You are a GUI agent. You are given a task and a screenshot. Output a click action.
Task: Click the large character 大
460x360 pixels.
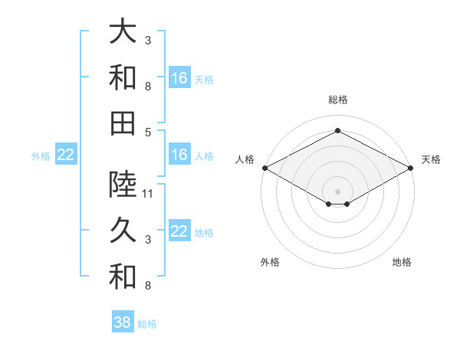click(123, 32)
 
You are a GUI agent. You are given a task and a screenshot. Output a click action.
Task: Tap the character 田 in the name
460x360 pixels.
click(123, 123)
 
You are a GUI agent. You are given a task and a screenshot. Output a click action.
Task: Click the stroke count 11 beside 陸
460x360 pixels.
click(149, 194)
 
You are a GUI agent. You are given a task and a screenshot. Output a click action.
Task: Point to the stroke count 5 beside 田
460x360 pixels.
click(149, 132)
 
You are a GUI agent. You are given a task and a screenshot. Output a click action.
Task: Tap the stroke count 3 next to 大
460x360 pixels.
click(149, 41)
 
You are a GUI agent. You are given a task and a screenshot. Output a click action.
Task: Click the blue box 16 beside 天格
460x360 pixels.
click(179, 78)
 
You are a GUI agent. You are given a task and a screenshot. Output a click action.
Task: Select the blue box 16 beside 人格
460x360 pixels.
click(179, 155)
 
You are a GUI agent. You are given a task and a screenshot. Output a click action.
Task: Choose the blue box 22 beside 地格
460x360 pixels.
click(179, 232)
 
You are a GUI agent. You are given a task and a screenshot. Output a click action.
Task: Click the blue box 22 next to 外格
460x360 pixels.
click(65, 155)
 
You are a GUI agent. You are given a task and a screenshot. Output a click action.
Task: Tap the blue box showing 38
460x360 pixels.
click(123, 322)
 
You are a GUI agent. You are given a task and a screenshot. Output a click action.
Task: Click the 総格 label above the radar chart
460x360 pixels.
click(337, 100)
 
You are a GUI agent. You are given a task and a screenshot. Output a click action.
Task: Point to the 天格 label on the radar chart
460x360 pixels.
click(431, 159)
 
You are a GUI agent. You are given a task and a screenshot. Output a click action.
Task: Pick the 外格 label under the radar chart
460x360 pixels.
click(270, 262)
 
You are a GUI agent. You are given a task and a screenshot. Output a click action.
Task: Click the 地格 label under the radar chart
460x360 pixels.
click(402, 262)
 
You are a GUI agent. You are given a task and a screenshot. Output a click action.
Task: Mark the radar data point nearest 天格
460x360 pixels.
click(411, 167)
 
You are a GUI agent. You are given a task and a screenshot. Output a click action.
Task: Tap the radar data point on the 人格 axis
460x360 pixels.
click(264, 167)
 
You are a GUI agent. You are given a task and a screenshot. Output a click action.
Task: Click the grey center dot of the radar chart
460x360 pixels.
click(337, 191)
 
